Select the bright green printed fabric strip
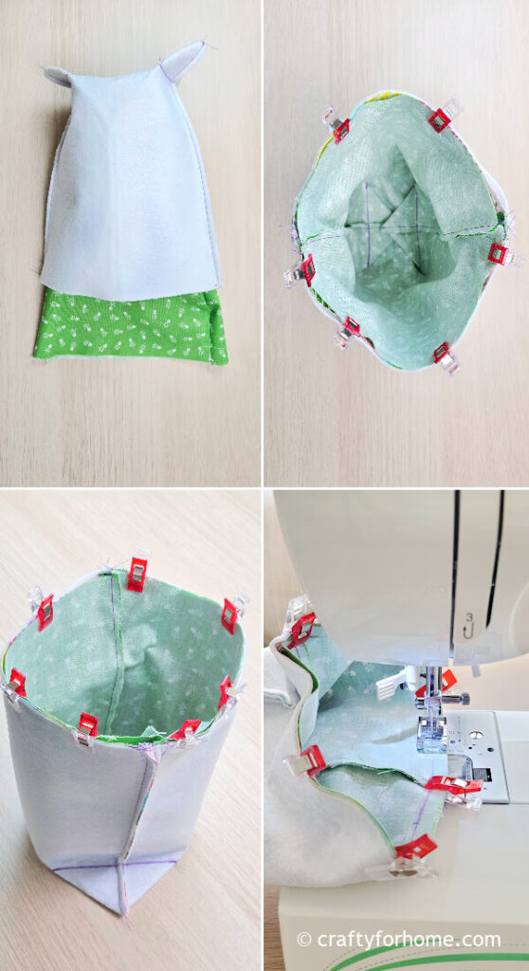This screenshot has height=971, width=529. coord(132,326)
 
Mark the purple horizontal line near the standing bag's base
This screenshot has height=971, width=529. coord(114,865)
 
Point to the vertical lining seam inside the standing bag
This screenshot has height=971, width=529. coord(114,650)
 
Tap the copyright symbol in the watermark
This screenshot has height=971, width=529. coord(303,939)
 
